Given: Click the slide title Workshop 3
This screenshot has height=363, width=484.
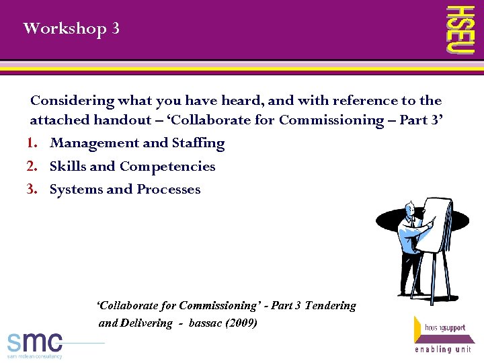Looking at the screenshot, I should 71,29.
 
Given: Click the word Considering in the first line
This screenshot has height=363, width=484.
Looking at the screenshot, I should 73,101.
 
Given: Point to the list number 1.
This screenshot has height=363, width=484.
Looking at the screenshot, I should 32,143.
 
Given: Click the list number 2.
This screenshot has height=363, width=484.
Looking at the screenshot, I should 32,167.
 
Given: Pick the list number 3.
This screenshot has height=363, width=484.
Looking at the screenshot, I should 32,190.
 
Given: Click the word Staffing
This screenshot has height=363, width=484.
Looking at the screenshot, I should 198,143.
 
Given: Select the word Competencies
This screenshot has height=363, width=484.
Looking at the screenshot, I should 167,167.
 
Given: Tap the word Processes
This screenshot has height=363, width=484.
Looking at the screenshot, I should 169,190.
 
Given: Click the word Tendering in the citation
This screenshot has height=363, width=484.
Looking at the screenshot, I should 330,305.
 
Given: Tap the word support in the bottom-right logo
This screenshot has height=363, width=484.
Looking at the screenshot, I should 454,328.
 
